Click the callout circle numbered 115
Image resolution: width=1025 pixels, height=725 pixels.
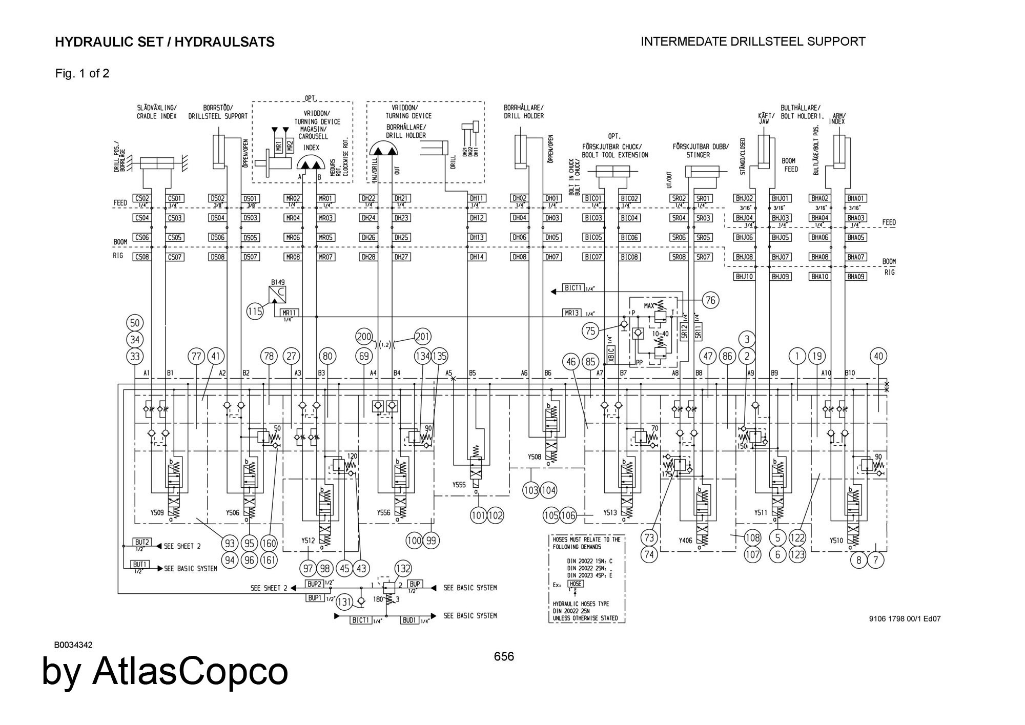tap(255, 311)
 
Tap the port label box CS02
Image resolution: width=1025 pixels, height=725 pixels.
tap(141, 198)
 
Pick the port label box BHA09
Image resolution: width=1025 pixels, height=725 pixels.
tap(856, 277)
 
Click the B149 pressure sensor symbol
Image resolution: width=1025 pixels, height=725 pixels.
tap(278, 295)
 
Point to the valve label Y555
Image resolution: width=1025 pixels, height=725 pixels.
tap(459, 485)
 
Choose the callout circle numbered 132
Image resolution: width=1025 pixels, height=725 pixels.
tap(403, 568)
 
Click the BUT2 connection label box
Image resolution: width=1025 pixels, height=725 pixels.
tap(142, 542)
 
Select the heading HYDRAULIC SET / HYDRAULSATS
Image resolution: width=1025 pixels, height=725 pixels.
tap(165, 42)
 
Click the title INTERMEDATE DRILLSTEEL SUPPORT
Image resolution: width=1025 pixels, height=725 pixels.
tap(753, 42)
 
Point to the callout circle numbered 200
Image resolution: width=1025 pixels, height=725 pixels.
tap(364, 337)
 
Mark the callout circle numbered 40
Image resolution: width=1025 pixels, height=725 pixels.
tap(878, 356)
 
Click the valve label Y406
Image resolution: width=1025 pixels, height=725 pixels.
tap(685, 540)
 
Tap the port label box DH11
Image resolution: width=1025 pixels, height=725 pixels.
tap(477, 198)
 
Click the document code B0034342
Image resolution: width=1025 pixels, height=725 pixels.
tap(73, 645)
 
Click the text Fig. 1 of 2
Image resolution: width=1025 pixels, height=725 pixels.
tap(82, 73)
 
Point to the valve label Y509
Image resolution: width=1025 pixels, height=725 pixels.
tap(157, 512)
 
